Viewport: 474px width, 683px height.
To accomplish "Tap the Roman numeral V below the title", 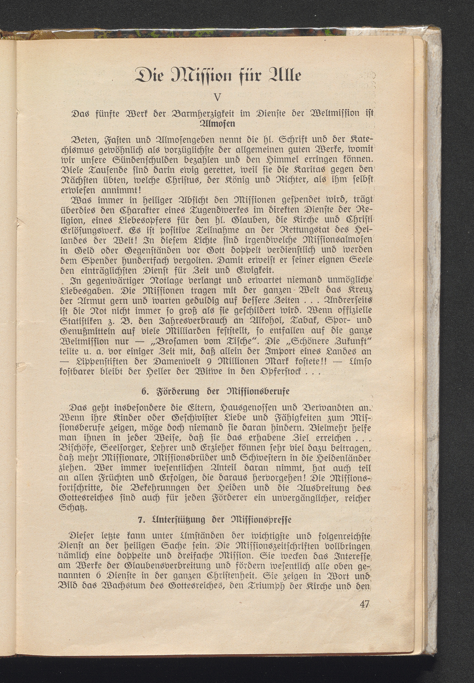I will click(218, 97).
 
